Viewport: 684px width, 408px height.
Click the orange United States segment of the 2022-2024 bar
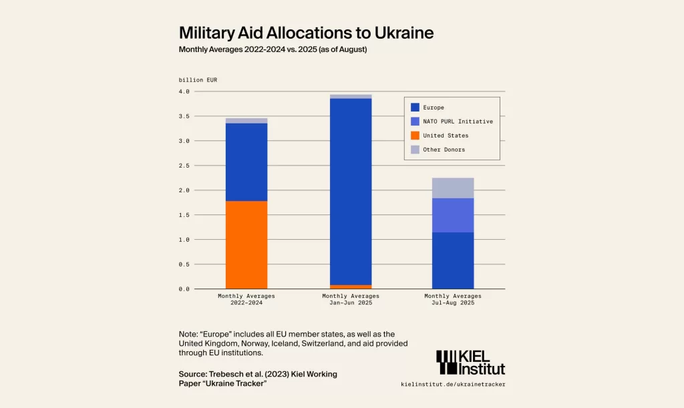pos(246,244)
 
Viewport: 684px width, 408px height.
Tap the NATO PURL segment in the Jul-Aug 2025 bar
pos(453,215)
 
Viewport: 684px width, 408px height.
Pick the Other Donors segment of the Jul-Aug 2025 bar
pos(453,188)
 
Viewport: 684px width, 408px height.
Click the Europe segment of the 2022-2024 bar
pos(246,162)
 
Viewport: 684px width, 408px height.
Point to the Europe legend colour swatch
pos(415,107)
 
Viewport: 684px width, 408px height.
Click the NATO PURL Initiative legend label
pos(458,122)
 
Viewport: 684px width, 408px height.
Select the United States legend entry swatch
pos(415,136)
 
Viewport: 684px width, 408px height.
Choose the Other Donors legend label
pos(444,150)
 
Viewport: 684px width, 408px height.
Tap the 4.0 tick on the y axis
pos(184,91)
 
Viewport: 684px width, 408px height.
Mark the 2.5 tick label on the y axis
pos(184,166)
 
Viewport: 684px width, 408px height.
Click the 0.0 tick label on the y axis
pos(184,289)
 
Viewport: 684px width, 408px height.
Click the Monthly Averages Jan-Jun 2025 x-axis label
pos(351,299)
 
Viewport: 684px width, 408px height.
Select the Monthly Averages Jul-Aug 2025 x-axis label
pos(453,299)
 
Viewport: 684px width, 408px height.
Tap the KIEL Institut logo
pos(470,362)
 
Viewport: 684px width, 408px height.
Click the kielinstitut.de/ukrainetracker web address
pos(453,385)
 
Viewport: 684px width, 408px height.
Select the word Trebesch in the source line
pos(231,374)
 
